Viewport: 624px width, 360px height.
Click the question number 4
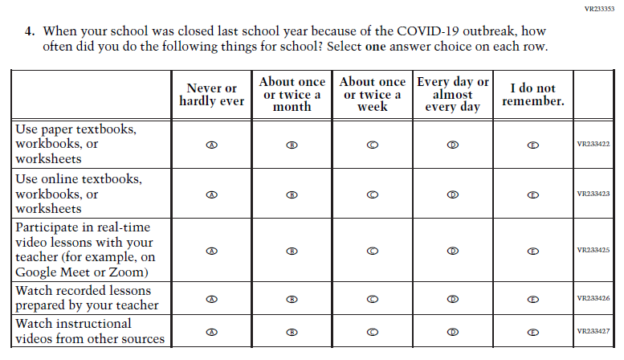[x=30, y=31]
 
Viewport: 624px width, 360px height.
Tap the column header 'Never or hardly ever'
[x=211, y=95]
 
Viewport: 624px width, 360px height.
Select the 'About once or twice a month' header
[x=292, y=94]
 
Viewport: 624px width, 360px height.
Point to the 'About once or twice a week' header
[x=372, y=94]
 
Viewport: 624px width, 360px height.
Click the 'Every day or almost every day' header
[x=452, y=94]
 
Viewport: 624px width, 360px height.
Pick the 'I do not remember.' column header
[x=532, y=95]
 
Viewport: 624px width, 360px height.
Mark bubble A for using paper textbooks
[x=211, y=145]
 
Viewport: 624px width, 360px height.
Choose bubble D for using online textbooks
[x=452, y=194]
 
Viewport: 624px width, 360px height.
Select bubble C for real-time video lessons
[x=372, y=251]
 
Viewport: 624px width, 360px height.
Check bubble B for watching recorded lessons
[x=292, y=299]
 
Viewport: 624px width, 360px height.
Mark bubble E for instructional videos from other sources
[x=532, y=332]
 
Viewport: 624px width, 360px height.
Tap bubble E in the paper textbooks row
[x=532, y=145]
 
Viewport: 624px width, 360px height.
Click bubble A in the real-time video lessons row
[x=211, y=251]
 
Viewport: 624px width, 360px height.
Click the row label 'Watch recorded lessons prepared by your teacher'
[x=87, y=297]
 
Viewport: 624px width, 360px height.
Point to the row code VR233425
[x=593, y=250]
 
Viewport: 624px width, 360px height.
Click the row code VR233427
[x=593, y=331]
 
